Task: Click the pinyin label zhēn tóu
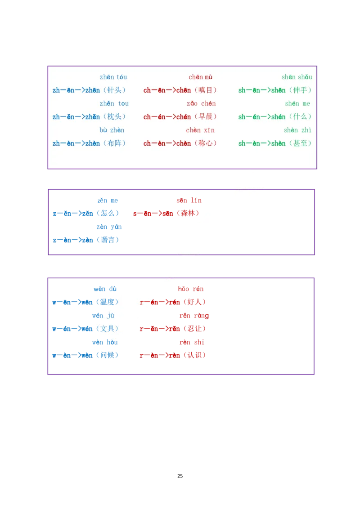(x=113, y=77)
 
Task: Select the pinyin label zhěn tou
(x=114, y=103)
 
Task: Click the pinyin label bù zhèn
(x=112, y=130)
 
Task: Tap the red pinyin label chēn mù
(x=200, y=77)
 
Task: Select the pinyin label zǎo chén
(x=201, y=103)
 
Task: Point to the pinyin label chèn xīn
(x=200, y=130)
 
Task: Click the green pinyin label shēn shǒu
(x=297, y=77)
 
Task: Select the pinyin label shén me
(x=297, y=103)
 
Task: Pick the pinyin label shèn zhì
(x=297, y=130)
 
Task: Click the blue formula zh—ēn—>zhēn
(x=76, y=90)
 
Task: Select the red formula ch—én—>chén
(x=167, y=117)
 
